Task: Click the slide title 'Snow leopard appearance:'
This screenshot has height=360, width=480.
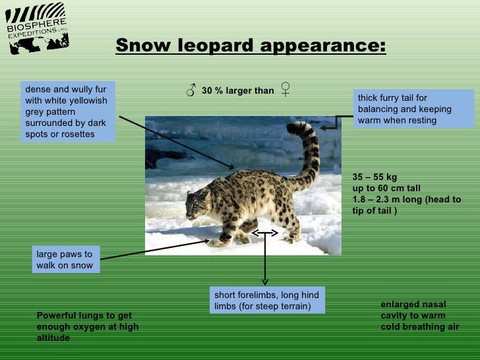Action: tap(251, 46)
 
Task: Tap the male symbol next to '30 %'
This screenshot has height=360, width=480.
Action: tap(191, 90)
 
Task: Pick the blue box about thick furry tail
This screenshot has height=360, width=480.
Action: tap(413, 109)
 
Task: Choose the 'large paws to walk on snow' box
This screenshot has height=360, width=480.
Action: tap(65, 260)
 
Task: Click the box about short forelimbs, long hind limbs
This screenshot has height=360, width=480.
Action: tap(266, 301)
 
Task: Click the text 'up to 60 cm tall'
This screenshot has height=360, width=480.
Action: tap(386, 188)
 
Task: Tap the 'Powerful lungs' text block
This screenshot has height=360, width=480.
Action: tap(88, 326)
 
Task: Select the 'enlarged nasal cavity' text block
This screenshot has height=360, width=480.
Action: tap(419, 315)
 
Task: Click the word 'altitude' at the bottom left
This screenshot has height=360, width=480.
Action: tap(53, 338)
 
